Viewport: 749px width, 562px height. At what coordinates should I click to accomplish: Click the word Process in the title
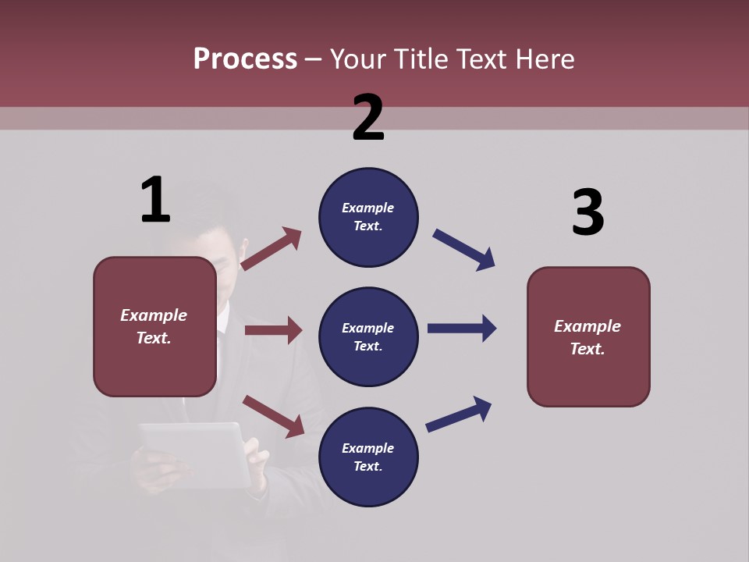click(245, 59)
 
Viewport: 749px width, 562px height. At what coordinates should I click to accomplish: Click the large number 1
click(155, 200)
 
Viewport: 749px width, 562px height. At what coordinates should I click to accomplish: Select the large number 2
click(368, 118)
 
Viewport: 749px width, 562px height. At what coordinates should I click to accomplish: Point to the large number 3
click(587, 212)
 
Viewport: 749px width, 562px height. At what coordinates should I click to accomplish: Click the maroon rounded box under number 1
click(154, 326)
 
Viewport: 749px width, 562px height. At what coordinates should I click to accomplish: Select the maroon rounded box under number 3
click(588, 337)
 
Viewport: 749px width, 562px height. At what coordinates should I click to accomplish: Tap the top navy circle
click(368, 217)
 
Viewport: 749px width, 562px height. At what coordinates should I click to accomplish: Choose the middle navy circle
click(368, 336)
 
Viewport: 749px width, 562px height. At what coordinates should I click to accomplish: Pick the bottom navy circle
click(368, 457)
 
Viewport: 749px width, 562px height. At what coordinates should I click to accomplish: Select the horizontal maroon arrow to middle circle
click(273, 330)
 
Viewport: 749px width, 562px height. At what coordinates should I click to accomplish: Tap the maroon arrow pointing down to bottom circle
click(273, 415)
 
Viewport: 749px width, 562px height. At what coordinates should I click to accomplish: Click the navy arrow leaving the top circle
click(464, 250)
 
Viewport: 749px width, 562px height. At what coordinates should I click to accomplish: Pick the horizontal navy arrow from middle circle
click(462, 329)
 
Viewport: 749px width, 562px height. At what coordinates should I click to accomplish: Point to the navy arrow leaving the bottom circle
click(459, 414)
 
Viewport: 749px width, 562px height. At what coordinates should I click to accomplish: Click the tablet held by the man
click(195, 453)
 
